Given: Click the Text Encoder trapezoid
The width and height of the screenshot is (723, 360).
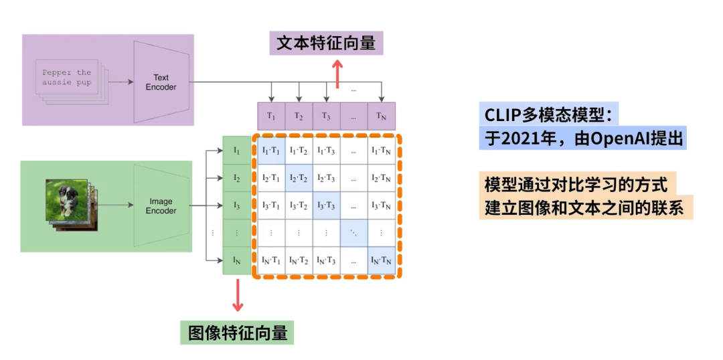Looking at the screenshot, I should tap(161, 82).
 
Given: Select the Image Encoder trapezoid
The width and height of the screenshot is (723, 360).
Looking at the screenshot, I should tap(161, 205).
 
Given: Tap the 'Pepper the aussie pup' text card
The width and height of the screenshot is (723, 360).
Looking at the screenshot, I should tap(67, 78).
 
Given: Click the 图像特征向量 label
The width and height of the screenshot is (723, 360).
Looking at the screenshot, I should tap(238, 333).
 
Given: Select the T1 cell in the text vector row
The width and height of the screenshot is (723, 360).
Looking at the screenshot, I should tap(271, 115).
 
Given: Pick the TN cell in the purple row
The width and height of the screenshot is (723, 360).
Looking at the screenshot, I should tap(382, 115).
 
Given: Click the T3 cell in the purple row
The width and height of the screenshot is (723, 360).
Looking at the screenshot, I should tap(326, 115).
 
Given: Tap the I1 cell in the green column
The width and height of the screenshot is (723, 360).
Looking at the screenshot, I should tap(236, 151).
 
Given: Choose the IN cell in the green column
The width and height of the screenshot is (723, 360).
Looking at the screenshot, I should tap(236, 260).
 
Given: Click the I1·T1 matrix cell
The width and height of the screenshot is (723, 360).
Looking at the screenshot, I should tap(271, 151).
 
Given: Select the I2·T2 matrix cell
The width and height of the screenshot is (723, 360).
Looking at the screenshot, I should tap(299, 178).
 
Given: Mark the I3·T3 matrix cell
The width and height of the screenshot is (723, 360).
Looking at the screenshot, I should tap(326, 205).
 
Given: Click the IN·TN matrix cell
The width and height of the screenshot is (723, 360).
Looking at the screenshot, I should tap(382, 260).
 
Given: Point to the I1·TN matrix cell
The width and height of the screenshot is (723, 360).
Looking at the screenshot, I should tap(382, 151).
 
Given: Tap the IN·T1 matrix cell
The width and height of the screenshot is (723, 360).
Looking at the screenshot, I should tap(271, 260).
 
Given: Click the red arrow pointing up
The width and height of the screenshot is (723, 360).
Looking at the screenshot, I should tap(338, 74).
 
